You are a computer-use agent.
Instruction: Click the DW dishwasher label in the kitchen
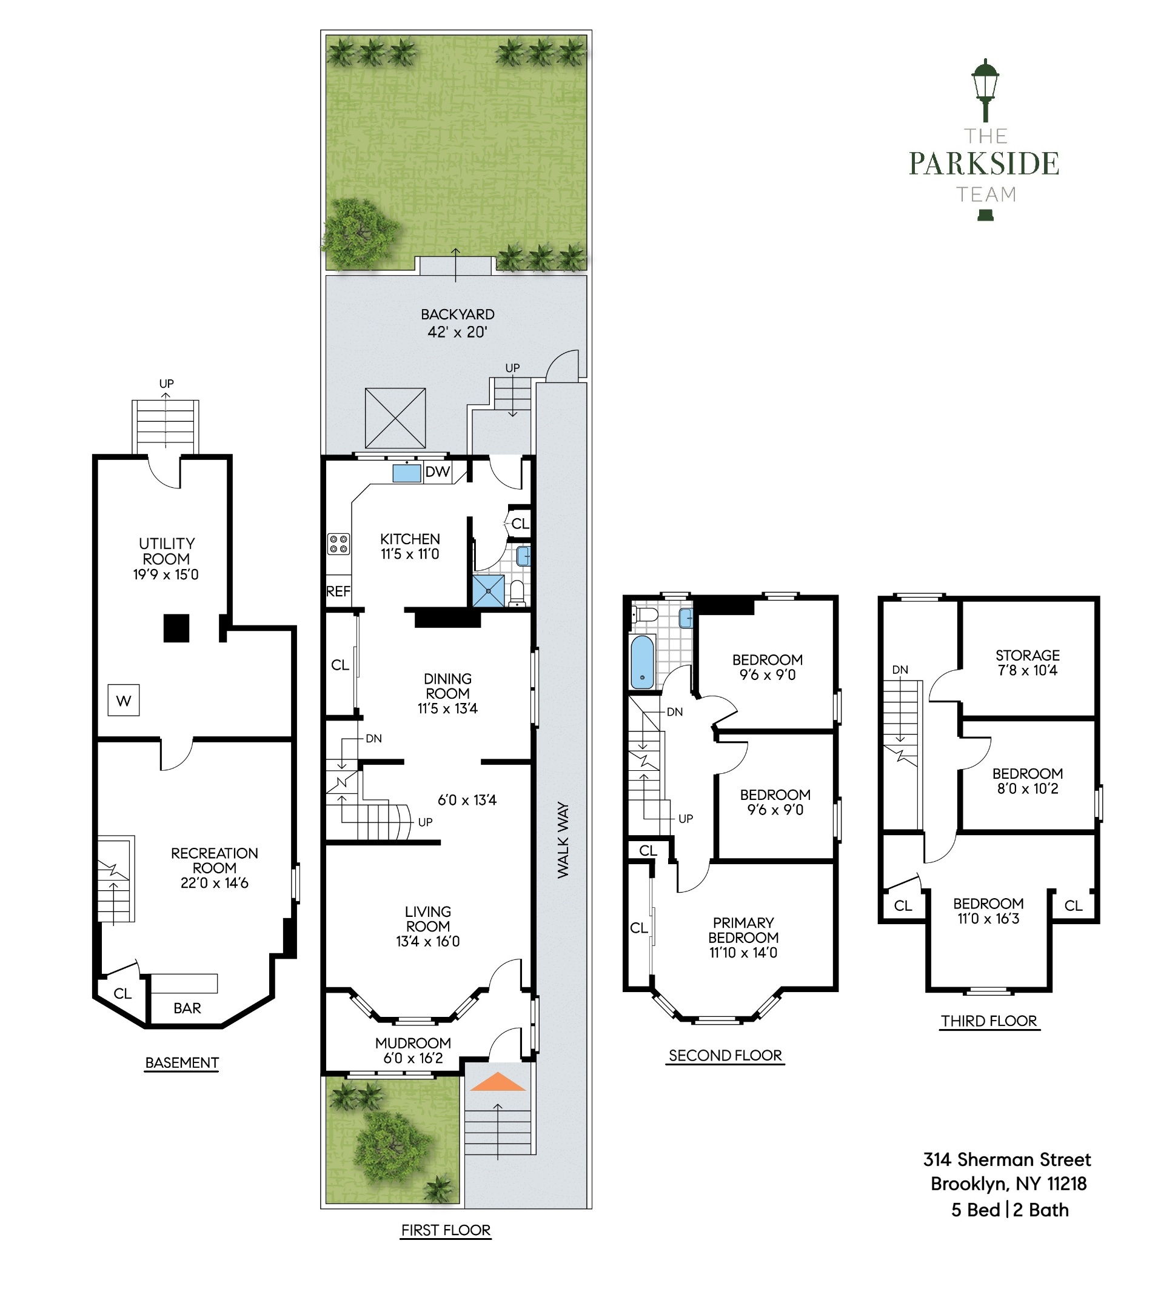coord(437,472)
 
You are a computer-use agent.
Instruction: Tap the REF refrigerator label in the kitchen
coord(338,591)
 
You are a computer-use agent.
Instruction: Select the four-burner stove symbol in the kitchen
coord(338,544)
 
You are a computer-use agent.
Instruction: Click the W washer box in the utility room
coord(124,701)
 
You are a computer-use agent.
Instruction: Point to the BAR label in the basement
coord(187,1008)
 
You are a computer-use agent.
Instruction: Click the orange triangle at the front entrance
coord(498,1082)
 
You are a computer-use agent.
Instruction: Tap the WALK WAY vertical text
coord(563,839)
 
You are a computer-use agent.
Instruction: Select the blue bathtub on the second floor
coord(642,661)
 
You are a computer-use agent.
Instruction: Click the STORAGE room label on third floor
coord(1027,655)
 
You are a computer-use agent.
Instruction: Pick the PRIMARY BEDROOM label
coord(743,937)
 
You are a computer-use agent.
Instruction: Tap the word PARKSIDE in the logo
coord(983,164)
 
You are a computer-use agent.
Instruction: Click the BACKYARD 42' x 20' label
coord(457,323)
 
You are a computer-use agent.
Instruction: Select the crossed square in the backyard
coord(395,418)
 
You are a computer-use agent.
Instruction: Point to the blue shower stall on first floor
coord(488,590)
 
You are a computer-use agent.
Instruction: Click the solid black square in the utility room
coord(176,628)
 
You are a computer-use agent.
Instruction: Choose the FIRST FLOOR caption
coord(446,1230)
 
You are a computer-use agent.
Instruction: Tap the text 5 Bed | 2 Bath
coord(1009,1210)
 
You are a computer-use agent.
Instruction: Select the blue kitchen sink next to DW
coord(406,473)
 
